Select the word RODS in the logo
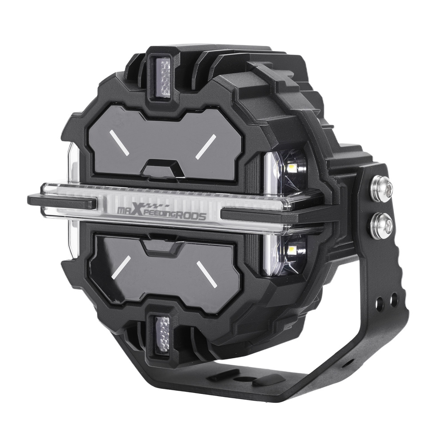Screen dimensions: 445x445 (191, 217)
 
